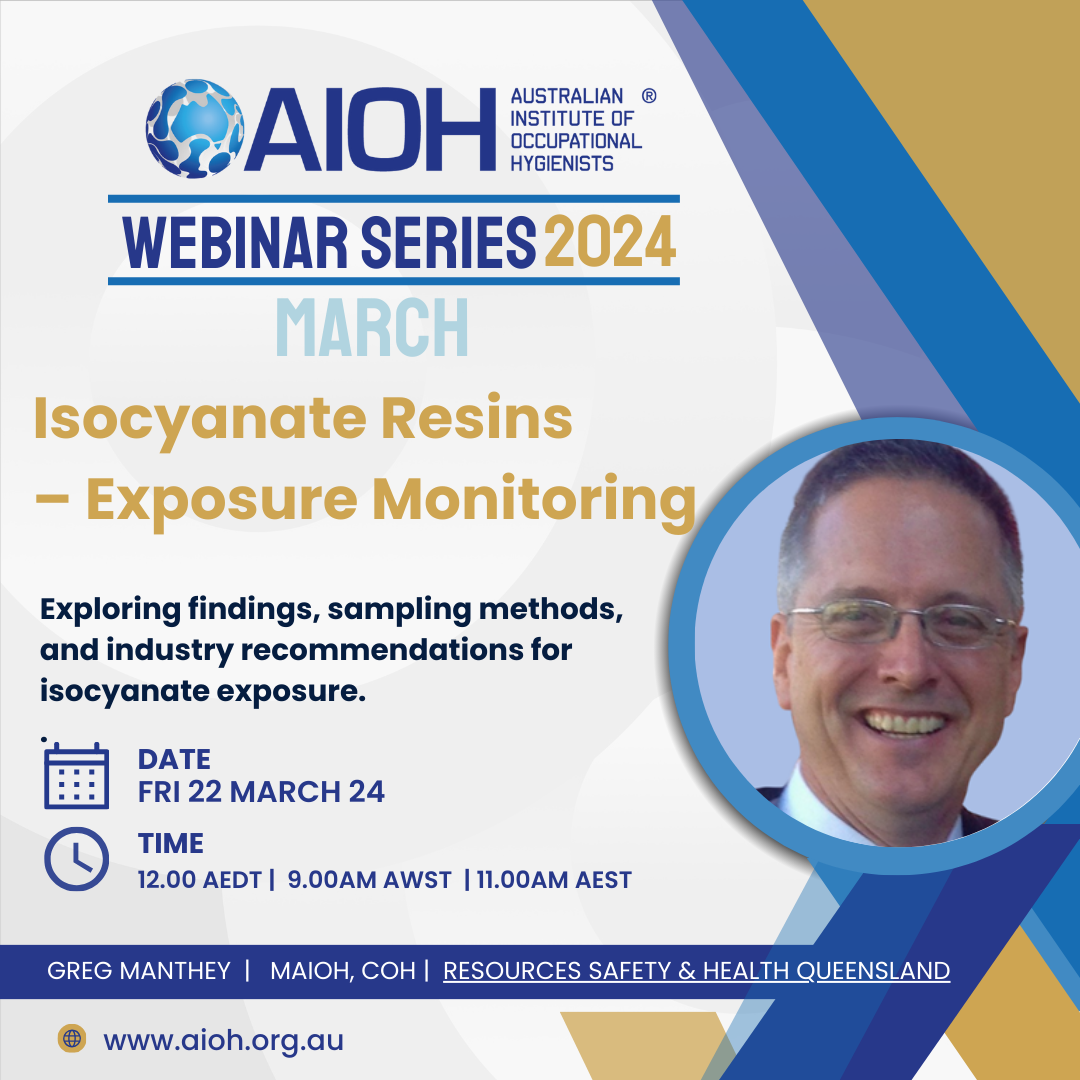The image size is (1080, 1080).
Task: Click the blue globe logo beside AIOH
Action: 194,129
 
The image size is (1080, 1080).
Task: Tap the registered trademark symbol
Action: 649,96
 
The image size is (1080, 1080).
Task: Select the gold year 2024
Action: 610,241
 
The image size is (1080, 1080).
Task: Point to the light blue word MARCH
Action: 372,327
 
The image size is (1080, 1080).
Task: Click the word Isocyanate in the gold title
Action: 200,420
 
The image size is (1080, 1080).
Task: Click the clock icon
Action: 76,859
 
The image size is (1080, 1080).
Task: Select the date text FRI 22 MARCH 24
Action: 261,791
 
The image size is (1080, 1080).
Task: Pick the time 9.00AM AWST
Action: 369,880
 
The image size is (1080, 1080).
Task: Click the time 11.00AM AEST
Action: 554,880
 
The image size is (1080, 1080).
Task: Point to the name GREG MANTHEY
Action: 138,970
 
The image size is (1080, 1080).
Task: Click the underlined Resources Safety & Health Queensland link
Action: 696,971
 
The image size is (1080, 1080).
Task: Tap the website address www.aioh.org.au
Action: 223,1040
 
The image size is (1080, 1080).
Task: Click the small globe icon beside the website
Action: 72,1038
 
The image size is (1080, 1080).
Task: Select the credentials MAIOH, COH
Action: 343,971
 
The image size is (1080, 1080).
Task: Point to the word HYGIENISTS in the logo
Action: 561,163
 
